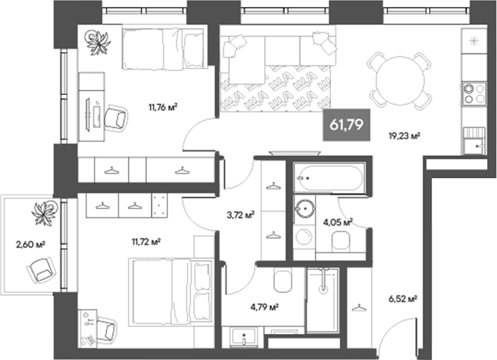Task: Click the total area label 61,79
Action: coord(345,124)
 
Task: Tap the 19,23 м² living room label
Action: coord(404,135)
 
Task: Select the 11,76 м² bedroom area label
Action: coord(163,107)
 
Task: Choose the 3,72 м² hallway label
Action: coord(241,215)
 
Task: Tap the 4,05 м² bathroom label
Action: coord(337,222)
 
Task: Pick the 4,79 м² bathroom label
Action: coord(266,307)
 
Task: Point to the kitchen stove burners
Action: coord(471,94)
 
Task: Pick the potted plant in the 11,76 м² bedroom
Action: coord(98,42)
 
